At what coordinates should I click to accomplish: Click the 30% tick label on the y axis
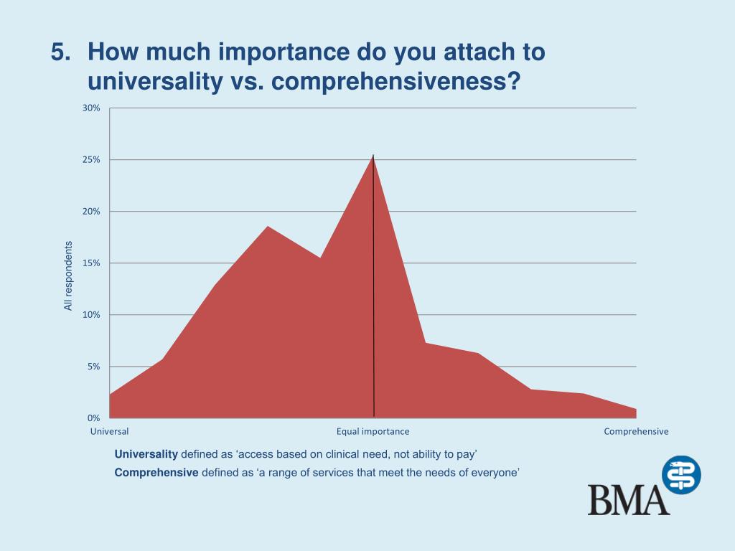click(x=91, y=108)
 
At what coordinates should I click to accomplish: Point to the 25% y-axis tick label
click(x=91, y=160)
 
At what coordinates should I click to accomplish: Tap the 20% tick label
click(x=91, y=212)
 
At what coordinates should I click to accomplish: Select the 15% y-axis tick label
click(x=91, y=263)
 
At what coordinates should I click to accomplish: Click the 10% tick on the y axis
click(x=91, y=315)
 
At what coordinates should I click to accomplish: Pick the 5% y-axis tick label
click(x=93, y=367)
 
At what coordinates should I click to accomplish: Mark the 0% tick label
click(x=93, y=418)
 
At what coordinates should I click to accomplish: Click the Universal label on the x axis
click(x=109, y=432)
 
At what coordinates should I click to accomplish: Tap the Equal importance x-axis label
click(x=373, y=432)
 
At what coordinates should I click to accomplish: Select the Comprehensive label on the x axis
click(x=636, y=432)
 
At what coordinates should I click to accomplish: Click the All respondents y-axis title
click(x=68, y=275)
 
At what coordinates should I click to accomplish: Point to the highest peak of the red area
click(x=373, y=156)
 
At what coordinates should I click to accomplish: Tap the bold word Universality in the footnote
click(x=146, y=454)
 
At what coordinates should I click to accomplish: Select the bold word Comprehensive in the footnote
click(x=156, y=472)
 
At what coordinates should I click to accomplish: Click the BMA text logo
click(x=628, y=499)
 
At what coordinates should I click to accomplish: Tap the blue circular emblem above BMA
click(x=680, y=475)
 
